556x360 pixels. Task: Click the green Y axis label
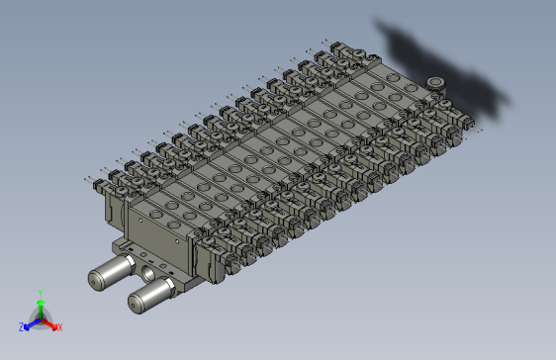pos(40,293)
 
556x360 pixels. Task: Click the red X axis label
pos(59,326)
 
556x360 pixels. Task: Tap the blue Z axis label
pos(22,326)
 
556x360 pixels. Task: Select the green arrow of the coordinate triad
pos(40,307)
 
